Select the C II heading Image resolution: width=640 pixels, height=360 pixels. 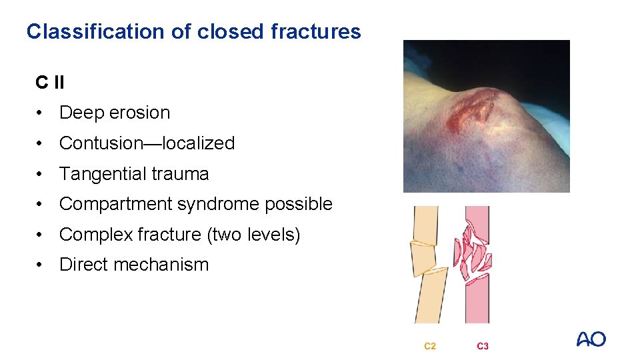(50, 83)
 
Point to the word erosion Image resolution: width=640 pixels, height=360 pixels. (139, 113)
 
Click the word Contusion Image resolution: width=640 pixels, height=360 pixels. (106, 143)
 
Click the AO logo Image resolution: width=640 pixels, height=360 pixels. (591, 339)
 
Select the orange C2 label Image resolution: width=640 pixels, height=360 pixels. (430, 346)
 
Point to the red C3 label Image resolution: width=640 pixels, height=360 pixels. (482, 346)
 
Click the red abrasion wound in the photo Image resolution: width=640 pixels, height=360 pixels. (474, 110)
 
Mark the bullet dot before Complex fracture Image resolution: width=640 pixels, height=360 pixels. (41, 235)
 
